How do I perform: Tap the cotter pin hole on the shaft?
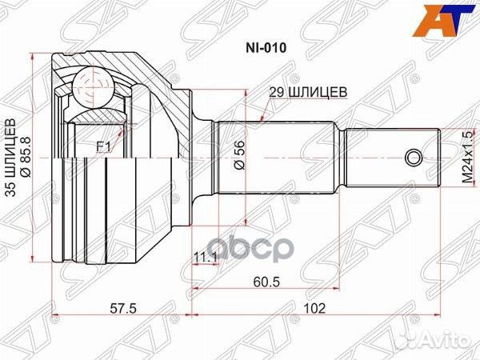coord(413,155)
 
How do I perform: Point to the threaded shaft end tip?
coord(438,155)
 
